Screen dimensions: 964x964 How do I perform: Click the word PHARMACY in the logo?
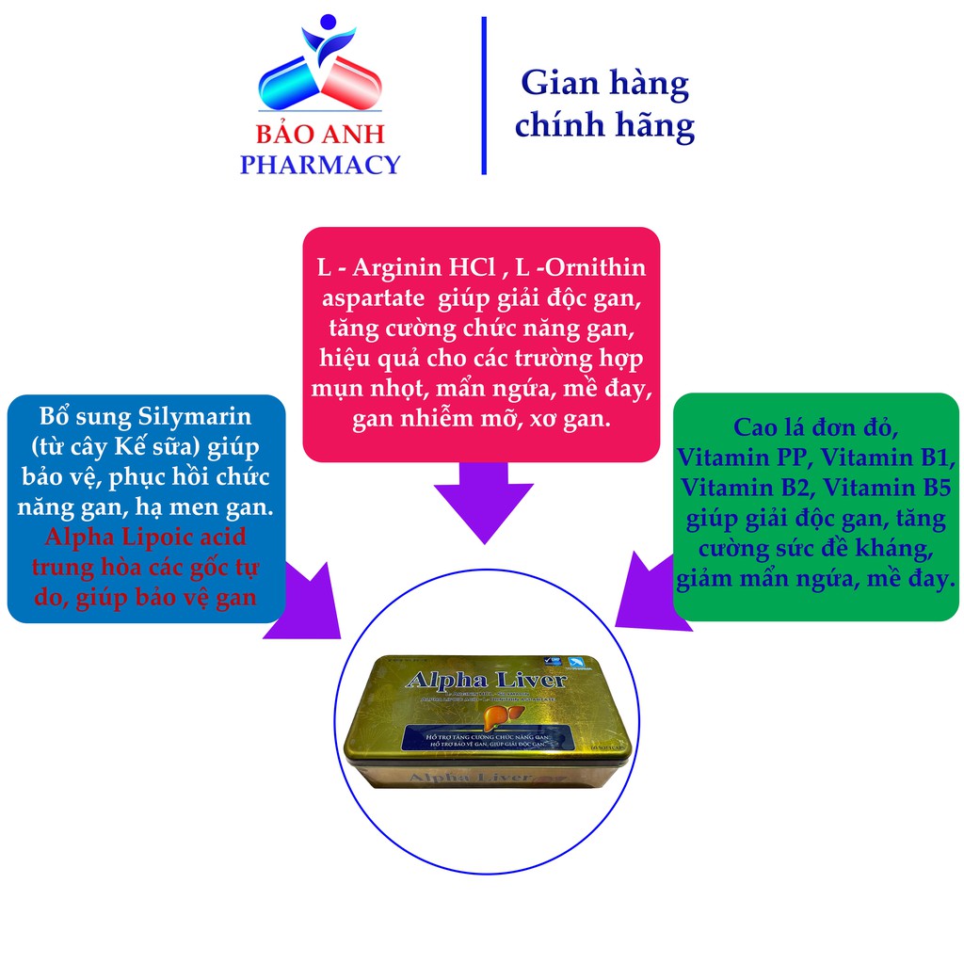(320, 165)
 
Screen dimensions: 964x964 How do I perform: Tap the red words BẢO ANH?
(320, 133)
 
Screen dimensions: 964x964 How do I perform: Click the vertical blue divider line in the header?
(484, 95)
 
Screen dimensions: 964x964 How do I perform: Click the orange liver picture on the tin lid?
(501, 717)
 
